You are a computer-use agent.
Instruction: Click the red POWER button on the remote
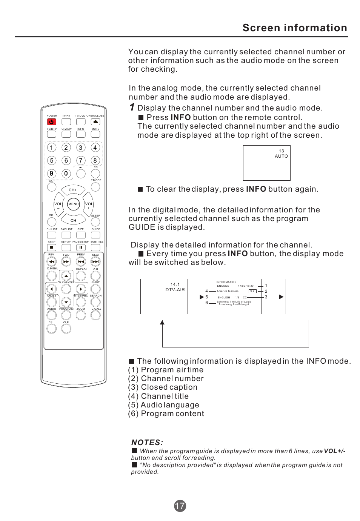pos(51,122)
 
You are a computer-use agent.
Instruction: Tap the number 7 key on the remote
pos(80,161)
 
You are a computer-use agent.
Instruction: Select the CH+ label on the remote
pos(73,190)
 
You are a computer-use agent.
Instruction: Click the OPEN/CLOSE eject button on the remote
pos(95,122)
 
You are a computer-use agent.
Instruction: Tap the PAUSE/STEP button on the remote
pos(81,248)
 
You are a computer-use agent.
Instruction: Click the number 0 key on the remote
pos(66,174)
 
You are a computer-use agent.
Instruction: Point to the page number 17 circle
pos(180,506)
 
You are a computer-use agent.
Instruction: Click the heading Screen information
pos(295,28)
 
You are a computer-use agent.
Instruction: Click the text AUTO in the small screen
pos(281,156)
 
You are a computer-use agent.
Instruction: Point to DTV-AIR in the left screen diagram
pos(175,290)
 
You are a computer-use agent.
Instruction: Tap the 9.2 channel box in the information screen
pos(252,291)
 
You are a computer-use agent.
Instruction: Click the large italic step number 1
pos(132,108)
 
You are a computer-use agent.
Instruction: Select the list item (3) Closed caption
pos(163,387)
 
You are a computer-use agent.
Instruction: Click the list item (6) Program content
pos(166,413)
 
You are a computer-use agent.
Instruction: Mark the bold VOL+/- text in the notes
pos(335,451)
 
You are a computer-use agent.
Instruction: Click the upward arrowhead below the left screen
pos(162,323)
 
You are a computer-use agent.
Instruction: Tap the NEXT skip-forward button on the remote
pos(95,261)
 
